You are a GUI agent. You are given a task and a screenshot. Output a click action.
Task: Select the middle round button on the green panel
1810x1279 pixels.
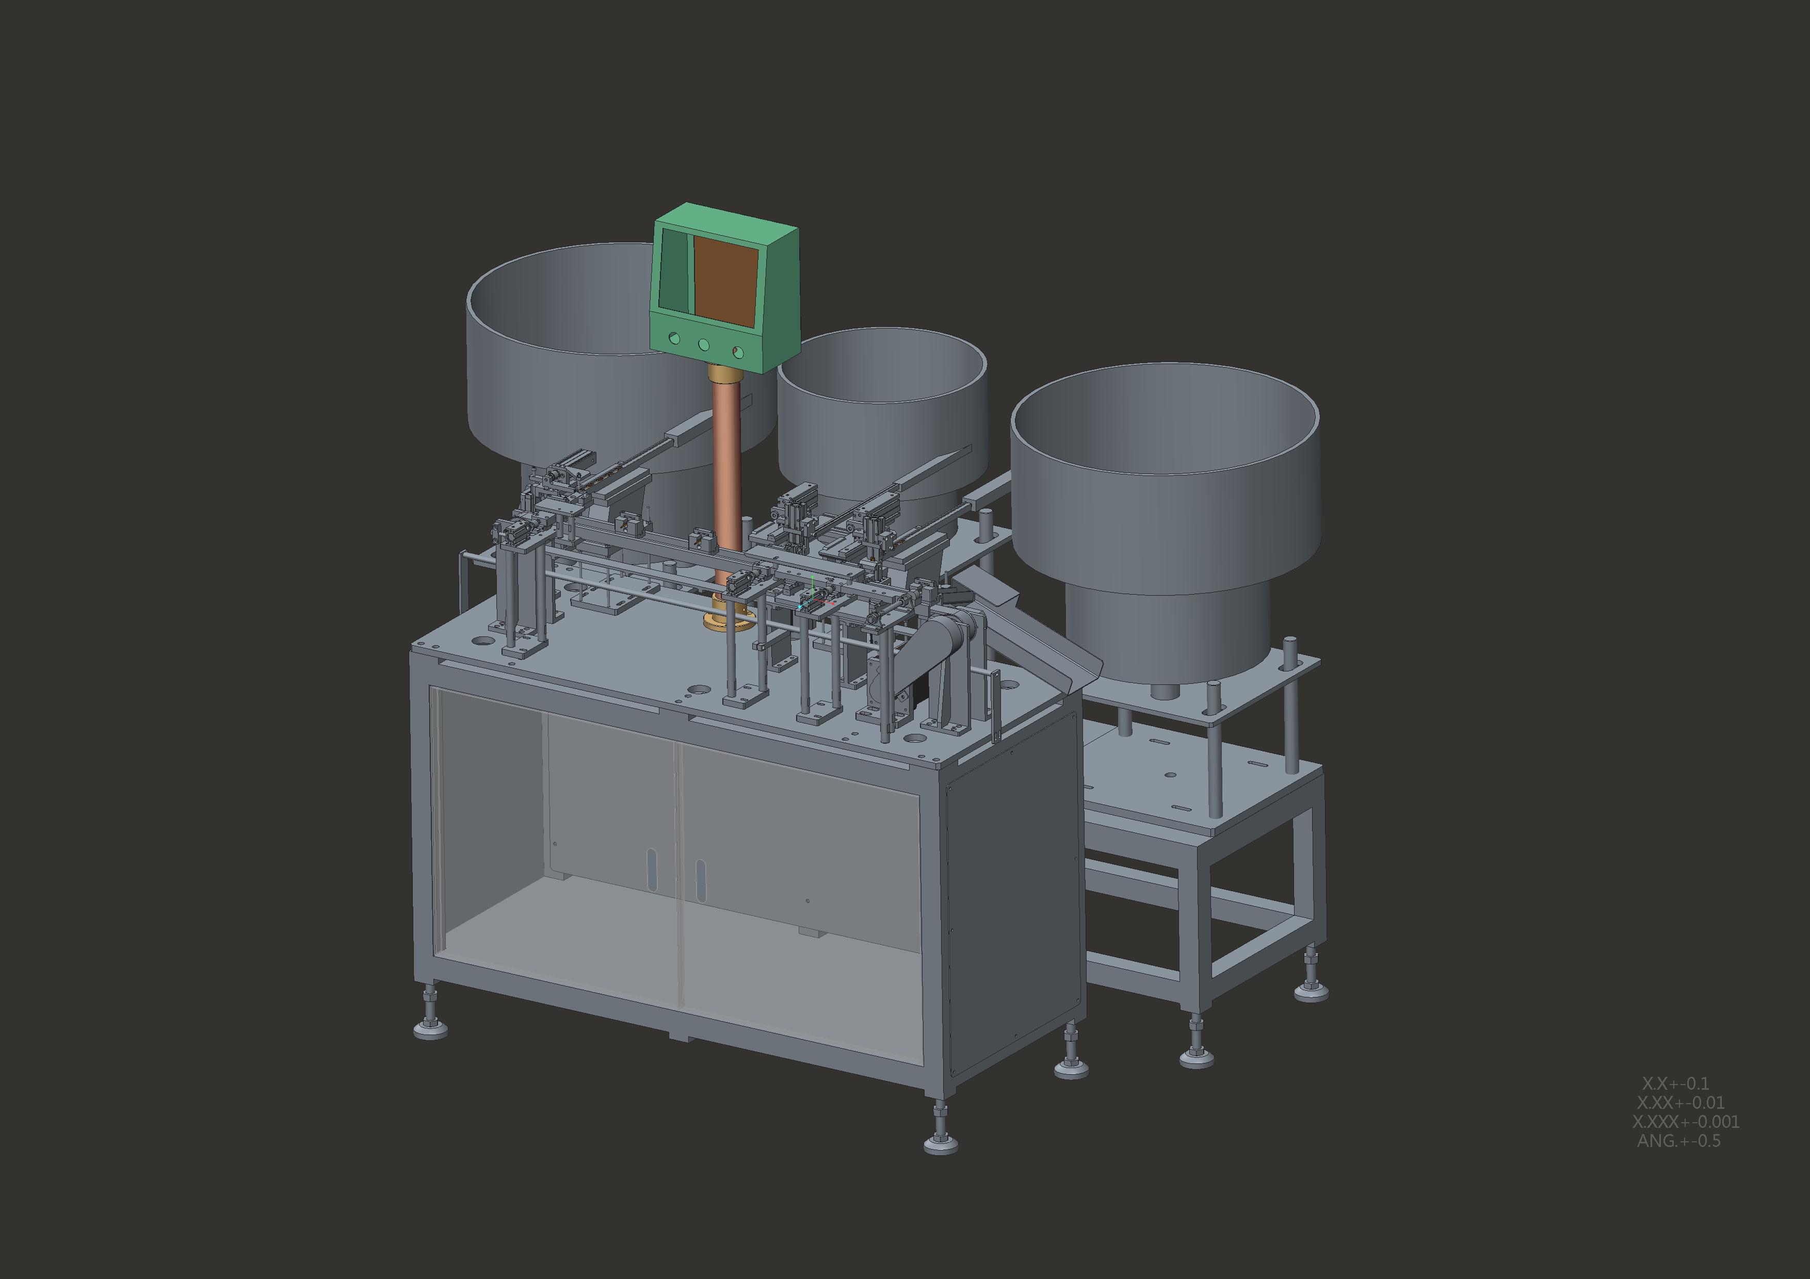click(704, 345)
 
